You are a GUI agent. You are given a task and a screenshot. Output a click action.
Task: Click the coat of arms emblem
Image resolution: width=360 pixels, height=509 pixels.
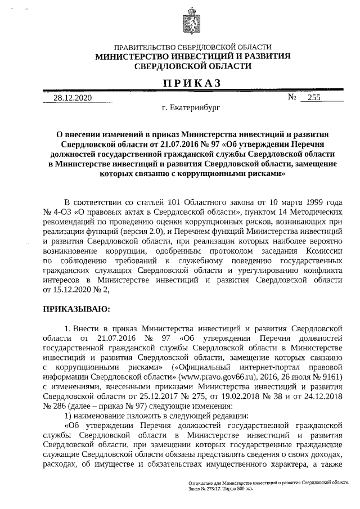click(x=191, y=24)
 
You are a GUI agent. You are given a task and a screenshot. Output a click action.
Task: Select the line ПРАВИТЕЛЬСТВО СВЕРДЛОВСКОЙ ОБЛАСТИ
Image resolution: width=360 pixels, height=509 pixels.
click(x=192, y=48)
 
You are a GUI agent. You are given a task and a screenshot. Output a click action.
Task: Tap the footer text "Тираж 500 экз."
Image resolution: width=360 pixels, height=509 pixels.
click(x=233, y=487)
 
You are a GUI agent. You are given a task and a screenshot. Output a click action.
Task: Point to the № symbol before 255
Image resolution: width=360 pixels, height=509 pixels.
click(x=292, y=97)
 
